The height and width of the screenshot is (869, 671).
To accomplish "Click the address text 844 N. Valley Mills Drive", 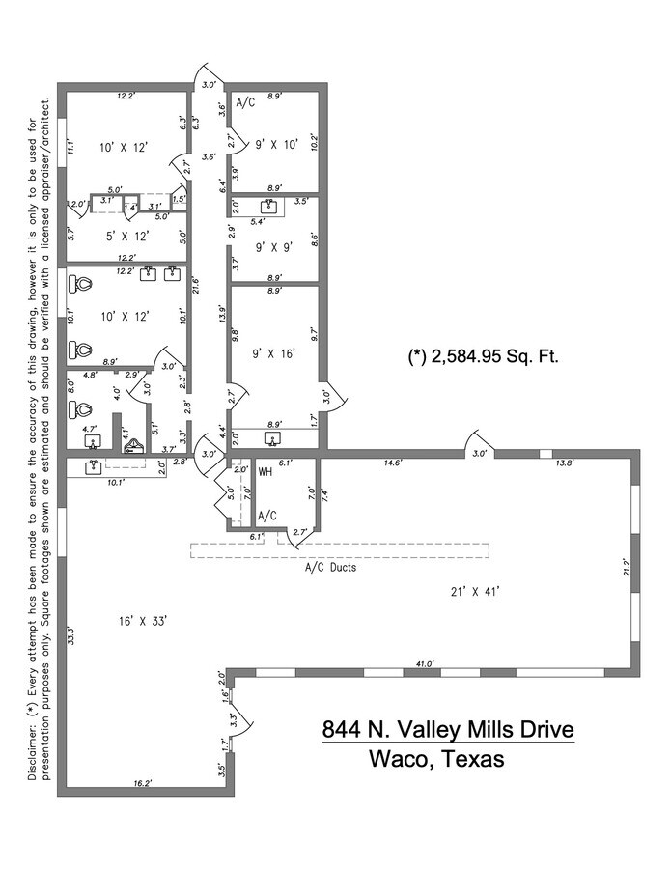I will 448,729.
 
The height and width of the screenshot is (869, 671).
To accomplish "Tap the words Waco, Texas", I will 436,759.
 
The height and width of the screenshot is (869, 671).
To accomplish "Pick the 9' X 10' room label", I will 277,144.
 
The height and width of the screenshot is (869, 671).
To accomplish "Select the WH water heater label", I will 266,472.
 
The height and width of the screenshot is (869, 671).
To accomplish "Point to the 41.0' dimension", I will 424,663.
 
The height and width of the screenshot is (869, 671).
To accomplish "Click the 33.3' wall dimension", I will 71,636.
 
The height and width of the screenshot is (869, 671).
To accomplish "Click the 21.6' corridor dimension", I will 196,287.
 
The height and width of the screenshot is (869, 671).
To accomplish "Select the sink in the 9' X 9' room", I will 272,206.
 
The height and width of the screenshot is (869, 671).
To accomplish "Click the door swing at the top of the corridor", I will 209,77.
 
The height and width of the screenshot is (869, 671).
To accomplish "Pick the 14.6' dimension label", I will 392,463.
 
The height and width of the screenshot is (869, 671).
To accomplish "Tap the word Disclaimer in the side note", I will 32,753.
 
